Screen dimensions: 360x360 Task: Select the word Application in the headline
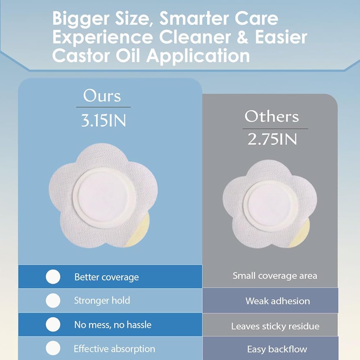(x=198, y=56)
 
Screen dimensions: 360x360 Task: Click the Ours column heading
(x=102, y=96)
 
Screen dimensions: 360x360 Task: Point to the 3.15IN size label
(x=104, y=121)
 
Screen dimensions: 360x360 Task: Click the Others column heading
(x=271, y=116)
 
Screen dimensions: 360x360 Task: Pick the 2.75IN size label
(x=272, y=139)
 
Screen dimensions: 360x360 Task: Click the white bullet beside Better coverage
(x=53, y=276)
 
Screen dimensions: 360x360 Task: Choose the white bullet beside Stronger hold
(x=53, y=301)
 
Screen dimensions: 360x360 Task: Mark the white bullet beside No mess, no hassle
(x=53, y=324)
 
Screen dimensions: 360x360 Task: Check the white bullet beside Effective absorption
(x=53, y=348)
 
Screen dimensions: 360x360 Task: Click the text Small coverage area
(x=275, y=276)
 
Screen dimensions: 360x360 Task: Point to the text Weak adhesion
(x=278, y=301)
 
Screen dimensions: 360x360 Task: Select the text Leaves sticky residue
(x=275, y=326)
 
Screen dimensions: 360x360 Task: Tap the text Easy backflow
(x=277, y=349)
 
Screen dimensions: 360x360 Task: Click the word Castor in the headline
(x=82, y=56)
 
